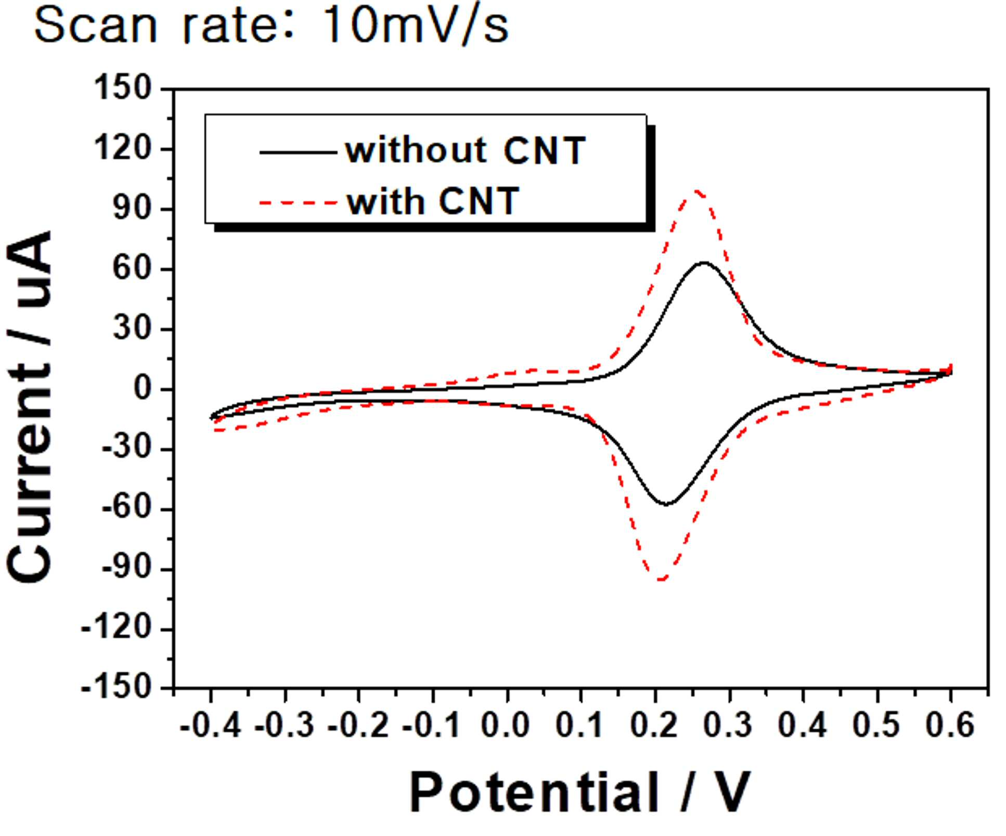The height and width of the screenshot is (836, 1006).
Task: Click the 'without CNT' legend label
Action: coord(466,151)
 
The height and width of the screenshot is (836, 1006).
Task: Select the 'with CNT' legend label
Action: coord(433,201)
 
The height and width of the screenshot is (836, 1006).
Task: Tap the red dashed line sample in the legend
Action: coord(299,202)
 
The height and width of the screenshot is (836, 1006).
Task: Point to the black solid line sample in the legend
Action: coord(299,152)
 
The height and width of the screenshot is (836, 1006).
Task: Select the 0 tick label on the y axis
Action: coord(142,389)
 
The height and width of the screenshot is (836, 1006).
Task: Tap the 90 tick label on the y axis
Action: coord(132,209)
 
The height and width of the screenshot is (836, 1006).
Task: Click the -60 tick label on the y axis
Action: coord(126,509)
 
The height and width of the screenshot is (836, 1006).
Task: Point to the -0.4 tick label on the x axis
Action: coord(211,725)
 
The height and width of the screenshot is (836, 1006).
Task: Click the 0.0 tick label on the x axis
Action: coord(506,725)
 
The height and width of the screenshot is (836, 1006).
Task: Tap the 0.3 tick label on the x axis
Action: coord(728,725)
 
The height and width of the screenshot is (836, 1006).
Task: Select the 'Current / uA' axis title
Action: coord(30,407)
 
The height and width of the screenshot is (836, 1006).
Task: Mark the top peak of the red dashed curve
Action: coord(697,191)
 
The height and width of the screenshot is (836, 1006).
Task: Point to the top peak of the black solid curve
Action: coord(704,263)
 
